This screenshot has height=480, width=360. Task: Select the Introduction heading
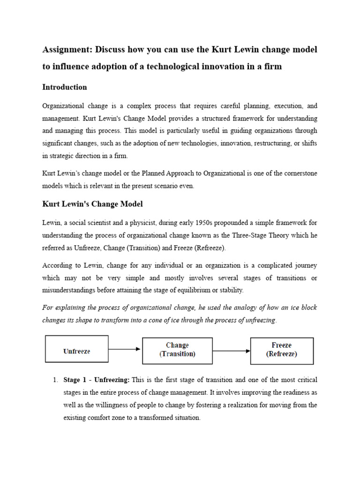point(64,87)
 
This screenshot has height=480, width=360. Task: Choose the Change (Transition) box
point(177,350)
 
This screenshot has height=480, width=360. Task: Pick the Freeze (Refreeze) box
point(282,350)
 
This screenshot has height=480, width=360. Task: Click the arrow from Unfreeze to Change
point(125,349)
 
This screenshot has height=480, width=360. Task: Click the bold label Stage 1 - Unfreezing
point(97,380)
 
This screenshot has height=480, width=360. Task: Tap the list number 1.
point(55,380)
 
